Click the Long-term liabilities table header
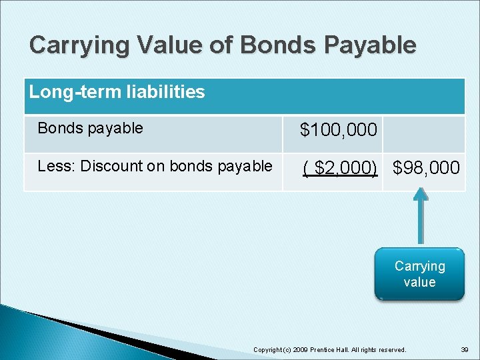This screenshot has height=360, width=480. (117, 92)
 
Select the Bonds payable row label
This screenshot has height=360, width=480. (90, 128)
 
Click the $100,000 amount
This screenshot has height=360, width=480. (339, 130)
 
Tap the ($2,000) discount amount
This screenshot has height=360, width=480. (340, 168)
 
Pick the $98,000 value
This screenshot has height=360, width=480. (427, 168)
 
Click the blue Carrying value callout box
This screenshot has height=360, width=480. (419, 274)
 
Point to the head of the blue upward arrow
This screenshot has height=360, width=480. (419, 195)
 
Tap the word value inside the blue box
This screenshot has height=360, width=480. (419, 282)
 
